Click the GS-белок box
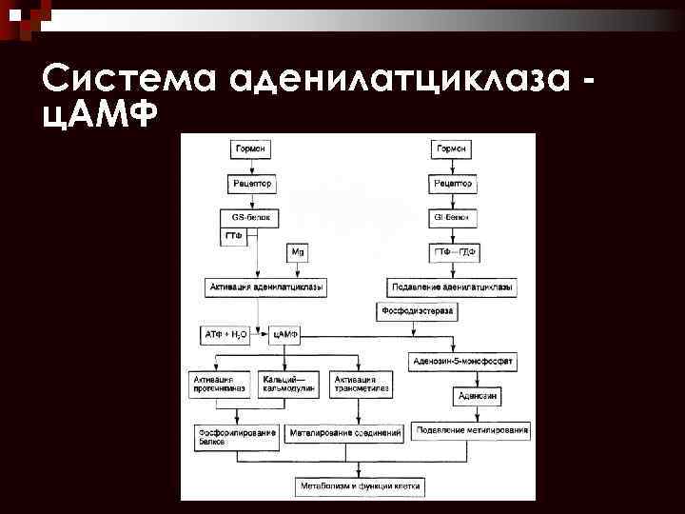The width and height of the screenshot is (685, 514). click(251, 217)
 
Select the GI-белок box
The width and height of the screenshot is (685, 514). click(451, 217)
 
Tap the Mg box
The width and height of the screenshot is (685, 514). click(297, 252)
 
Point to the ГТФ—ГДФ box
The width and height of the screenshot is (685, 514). click(452, 252)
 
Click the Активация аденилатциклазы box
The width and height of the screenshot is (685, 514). click(265, 287)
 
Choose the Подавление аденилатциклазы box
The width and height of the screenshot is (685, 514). click(453, 287)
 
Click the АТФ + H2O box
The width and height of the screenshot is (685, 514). click(225, 335)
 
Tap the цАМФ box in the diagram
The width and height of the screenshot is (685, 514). click(285, 335)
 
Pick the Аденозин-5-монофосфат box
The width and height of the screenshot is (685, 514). click(464, 360)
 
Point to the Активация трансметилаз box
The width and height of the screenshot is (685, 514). click(359, 384)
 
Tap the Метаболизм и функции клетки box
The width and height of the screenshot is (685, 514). click(360, 485)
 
